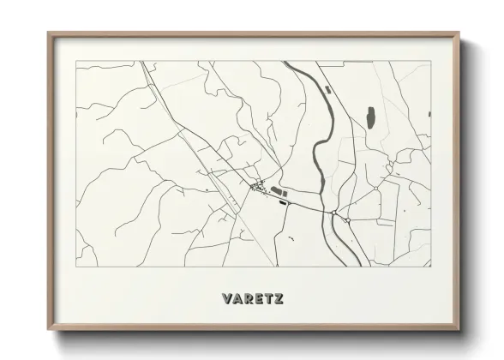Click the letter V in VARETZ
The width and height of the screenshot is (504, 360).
(x=226, y=299)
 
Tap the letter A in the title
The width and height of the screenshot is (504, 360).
(x=238, y=299)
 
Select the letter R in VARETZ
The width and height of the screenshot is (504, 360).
(x=249, y=299)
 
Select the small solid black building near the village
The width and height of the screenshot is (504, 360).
(x=282, y=203)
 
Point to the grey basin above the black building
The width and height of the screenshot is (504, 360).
(x=276, y=190)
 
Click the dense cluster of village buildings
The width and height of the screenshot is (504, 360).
(x=256, y=185)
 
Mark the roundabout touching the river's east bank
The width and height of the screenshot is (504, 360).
(x=333, y=212)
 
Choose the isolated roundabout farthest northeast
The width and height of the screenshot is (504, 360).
(x=377, y=187)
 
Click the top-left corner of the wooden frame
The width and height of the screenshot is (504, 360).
(x=49, y=33)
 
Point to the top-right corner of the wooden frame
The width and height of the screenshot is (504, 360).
(x=459, y=33)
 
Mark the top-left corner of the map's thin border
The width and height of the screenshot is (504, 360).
(x=76, y=61)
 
